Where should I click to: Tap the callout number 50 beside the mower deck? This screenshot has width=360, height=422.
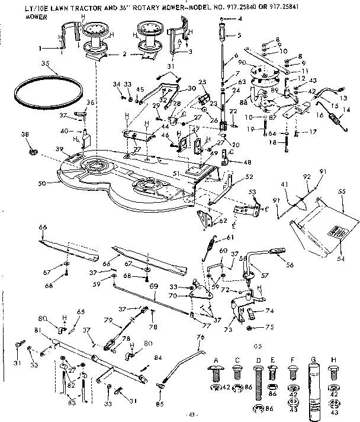click(41, 184)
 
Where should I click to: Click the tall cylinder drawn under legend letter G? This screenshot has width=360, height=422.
click(314, 385)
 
